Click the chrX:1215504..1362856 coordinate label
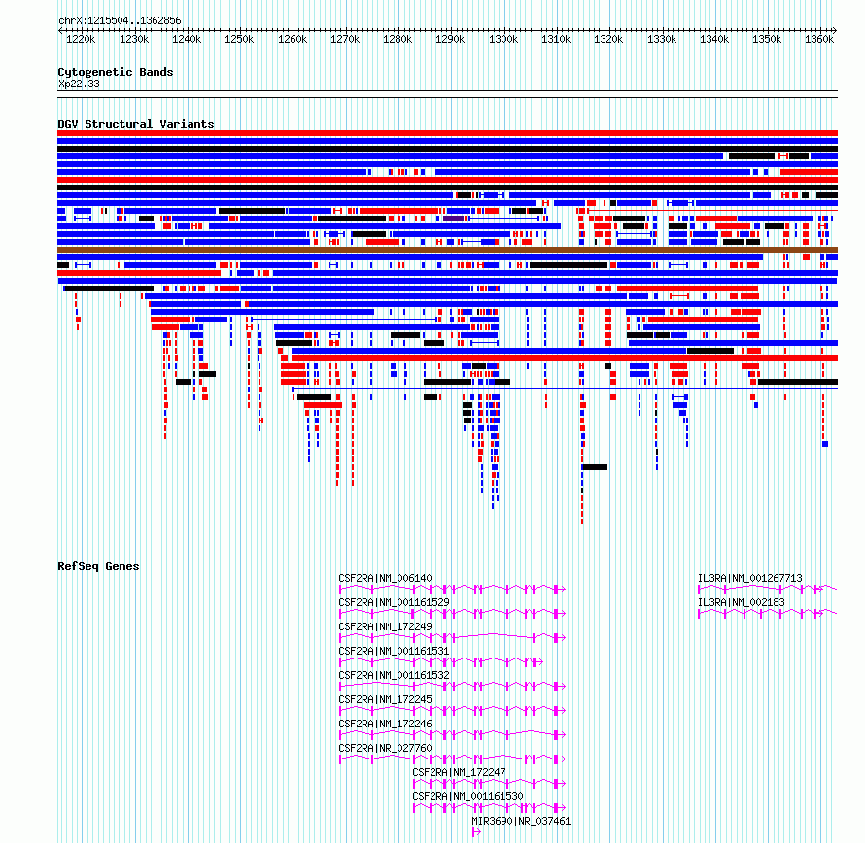[x=120, y=21]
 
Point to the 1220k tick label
[x=81, y=40]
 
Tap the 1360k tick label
[x=819, y=40]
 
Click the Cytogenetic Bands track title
[x=116, y=72]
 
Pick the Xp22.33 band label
[x=79, y=84]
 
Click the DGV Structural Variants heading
[x=136, y=124]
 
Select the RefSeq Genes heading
[x=98, y=566]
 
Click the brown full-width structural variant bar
[x=447, y=250]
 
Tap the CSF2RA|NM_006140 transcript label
[x=385, y=579]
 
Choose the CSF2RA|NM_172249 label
[x=385, y=626]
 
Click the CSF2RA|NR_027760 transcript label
[x=385, y=748]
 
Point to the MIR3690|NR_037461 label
[x=521, y=821]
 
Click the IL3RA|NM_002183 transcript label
[x=741, y=602]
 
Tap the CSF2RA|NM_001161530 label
[x=467, y=796]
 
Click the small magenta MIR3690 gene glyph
[x=476, y=832]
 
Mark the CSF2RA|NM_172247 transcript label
[x=459, y=772]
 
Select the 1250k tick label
[x=239, y=40]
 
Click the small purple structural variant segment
[x=454, y=219]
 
